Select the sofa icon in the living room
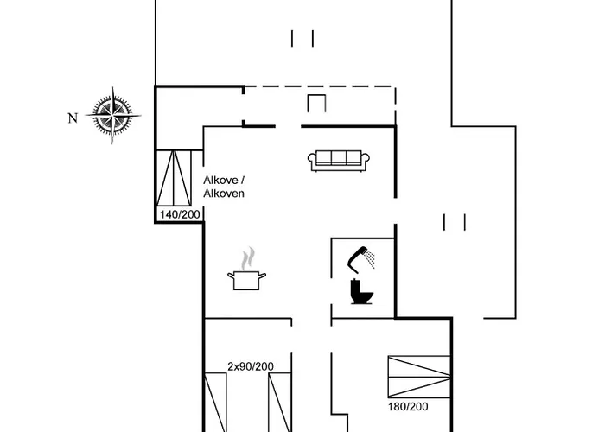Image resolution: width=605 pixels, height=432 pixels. [339, 159]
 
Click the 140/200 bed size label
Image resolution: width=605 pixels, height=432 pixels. [179, 214]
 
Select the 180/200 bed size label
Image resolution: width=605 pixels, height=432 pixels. [406, 405]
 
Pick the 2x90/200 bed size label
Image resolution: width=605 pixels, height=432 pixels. [251, 366]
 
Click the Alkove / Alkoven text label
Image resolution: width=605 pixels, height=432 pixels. [224, 187]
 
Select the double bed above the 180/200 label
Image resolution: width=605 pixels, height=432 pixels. [419, 377]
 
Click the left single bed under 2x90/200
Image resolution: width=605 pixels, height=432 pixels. [216, 402]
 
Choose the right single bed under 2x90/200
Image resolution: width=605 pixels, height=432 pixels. [279, 402]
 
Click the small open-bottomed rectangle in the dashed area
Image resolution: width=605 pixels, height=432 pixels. [317, 103]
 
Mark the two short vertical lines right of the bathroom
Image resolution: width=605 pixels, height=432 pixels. [455, 222]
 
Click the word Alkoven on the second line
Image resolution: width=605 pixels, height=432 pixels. [224, 194]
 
